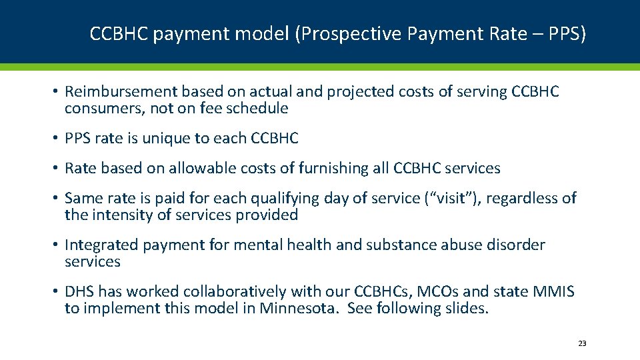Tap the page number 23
tap(582, 343)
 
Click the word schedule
tap(257, 108)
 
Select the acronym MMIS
tap(552, 291)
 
